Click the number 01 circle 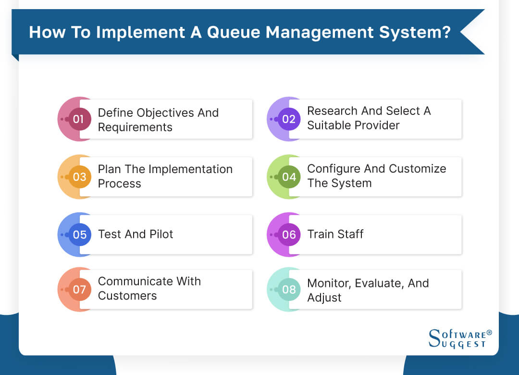(x=79, y=119)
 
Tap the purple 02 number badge (x=289, y=119)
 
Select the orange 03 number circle (x=79, y=176)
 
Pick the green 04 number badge (x=289, y=176)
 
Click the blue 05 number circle (x=79, y=234)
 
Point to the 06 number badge (x=289, y=234)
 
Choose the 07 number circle (x=79, y=289)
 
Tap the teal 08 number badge (x=289, y=290)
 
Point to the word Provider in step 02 (x=377, y=125)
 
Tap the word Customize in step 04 (x=417, y=169)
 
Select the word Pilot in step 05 (x=160, y=234)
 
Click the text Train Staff (x=335, y=234)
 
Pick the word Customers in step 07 (x=127, y=296)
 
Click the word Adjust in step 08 (x=324, y=298)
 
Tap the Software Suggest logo (x=457, y=338)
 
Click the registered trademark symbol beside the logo (x=489, y=332)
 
